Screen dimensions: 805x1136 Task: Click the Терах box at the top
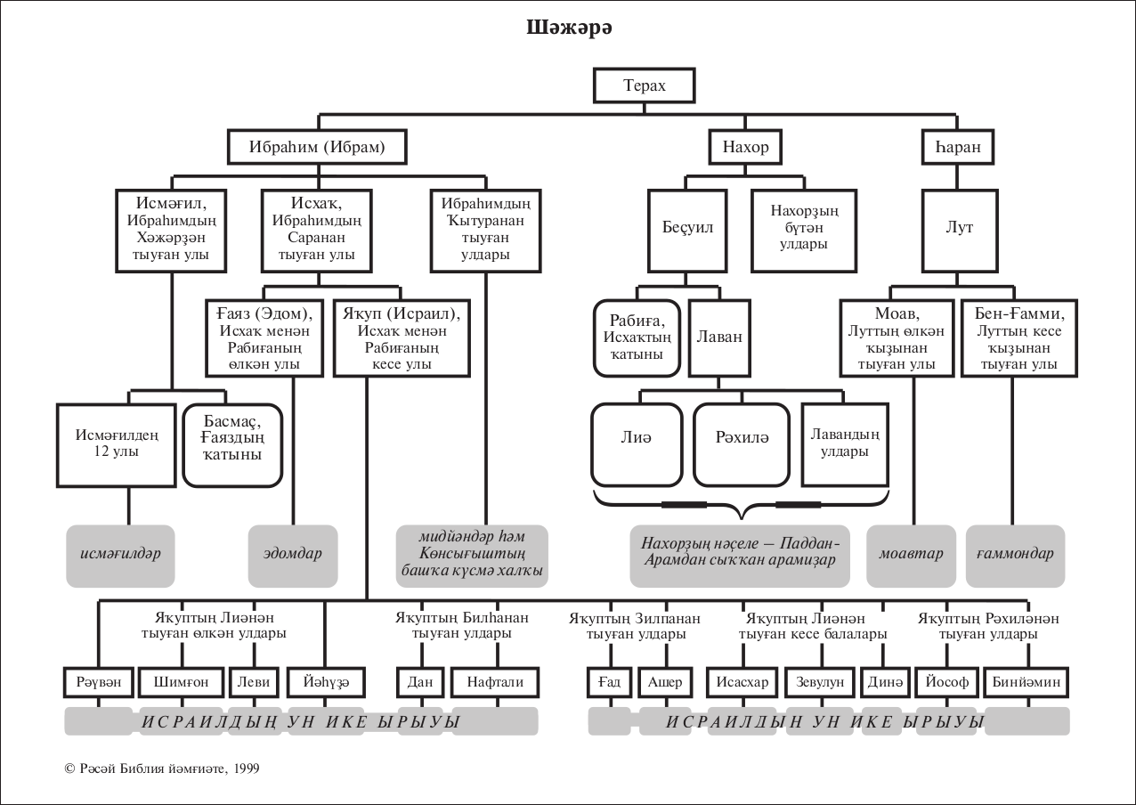click(x=644, y=85)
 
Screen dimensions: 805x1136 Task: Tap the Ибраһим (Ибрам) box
click(x=318, y=147)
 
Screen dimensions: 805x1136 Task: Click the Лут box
click(x=959, y=228)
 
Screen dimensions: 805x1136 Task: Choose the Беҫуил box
click(x=688, y=228)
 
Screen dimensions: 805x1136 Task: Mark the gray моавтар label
click(x=911, y=553)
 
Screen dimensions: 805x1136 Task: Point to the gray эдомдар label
click(x=293, y=553)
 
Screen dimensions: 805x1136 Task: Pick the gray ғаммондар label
click(x=1014, y=553)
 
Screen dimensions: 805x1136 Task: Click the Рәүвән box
click(x=99, y=682)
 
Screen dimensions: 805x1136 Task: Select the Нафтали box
click(x=495, y=682)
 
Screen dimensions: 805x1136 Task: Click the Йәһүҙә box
click(x=325, y=682)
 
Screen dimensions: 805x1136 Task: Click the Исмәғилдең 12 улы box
click(x=117, y=444)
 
